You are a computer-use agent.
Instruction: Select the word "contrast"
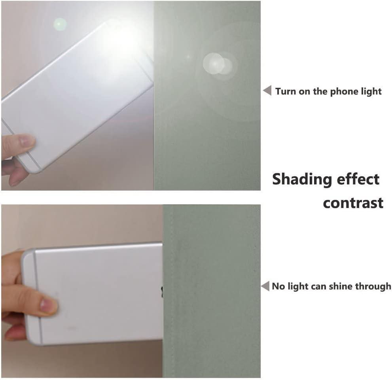pos(353,203)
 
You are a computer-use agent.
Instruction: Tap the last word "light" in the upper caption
pos(368,92)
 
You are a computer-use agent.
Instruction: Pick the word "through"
pos(373,286)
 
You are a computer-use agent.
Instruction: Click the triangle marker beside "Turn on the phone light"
pos(268,90)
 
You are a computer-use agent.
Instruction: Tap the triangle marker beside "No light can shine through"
pos(265,286)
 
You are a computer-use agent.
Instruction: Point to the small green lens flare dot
pos(60,25)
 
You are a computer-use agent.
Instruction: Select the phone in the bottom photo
pos(92,293)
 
